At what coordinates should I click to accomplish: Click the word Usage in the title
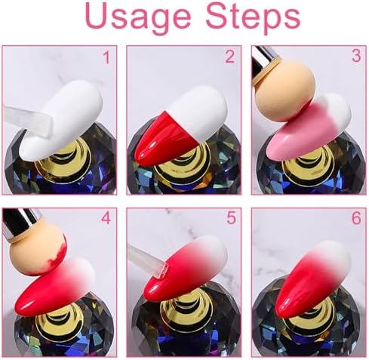coord(138,17)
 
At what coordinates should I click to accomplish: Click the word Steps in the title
coord(253,16)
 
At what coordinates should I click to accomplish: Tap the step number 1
coord(107,57)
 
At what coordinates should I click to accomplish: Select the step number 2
coord(229,57)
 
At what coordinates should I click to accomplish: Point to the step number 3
coord(356,56)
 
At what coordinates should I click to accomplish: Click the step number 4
coord(106,218)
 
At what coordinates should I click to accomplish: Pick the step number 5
coord(231,218)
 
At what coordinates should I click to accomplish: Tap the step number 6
coord(356,218)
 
